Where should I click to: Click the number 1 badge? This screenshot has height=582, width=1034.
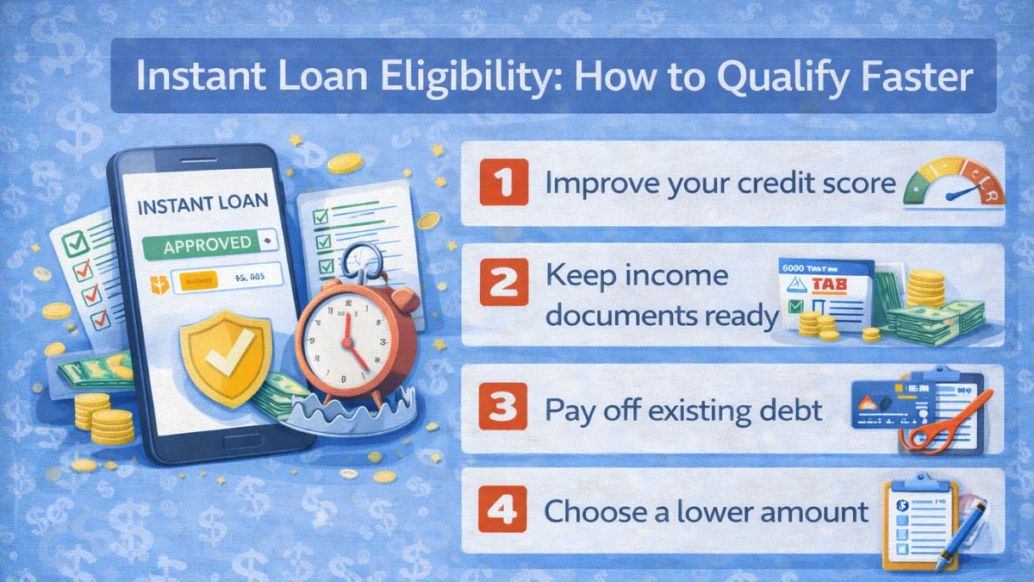pyautogui.click(x=497, y=184)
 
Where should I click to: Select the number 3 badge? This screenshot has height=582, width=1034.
pyautogui.click(x=497, y=409)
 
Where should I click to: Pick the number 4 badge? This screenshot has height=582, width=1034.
pyautogui.click(x=497, y=510)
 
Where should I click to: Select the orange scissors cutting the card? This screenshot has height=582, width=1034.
pyautogui.click(x=945, y=426)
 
